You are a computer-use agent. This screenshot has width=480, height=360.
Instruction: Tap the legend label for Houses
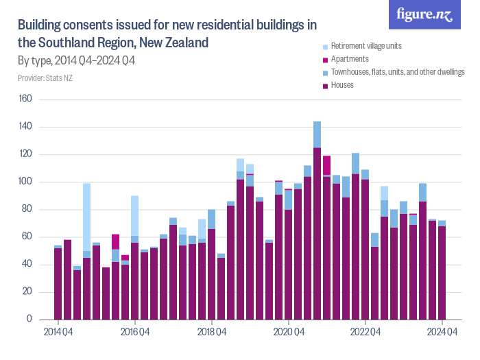342,85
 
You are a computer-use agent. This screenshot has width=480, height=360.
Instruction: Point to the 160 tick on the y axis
25,99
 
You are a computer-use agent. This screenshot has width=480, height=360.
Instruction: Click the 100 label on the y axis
25,182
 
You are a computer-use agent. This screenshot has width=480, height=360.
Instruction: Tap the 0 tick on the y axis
29,320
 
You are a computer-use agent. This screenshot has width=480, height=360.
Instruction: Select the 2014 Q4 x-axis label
58,333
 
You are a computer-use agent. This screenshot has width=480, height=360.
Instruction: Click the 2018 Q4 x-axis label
212,333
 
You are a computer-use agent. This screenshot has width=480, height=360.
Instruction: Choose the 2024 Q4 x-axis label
442,333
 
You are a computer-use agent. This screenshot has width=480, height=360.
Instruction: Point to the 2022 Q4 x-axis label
365,333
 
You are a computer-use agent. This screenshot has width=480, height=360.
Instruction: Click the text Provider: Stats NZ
45,78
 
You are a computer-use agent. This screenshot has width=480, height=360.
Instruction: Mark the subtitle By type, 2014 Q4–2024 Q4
76,61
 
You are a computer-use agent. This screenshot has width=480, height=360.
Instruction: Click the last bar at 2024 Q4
442,271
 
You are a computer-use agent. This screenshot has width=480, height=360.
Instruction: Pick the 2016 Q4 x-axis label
135,333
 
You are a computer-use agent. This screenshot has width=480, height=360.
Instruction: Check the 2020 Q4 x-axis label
289,333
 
